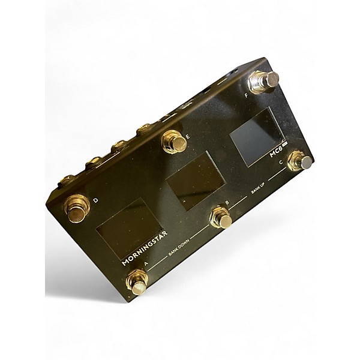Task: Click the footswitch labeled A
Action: (x=137, y=281)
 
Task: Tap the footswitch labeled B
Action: (x=221, y=217)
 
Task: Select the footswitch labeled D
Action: (x=77, y=209)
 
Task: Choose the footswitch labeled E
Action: (x=175, y=142)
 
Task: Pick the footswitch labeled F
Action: (x=264, y=82)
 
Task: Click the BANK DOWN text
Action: (x=179, y=247)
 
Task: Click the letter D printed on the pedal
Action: (x=96, y=200)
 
